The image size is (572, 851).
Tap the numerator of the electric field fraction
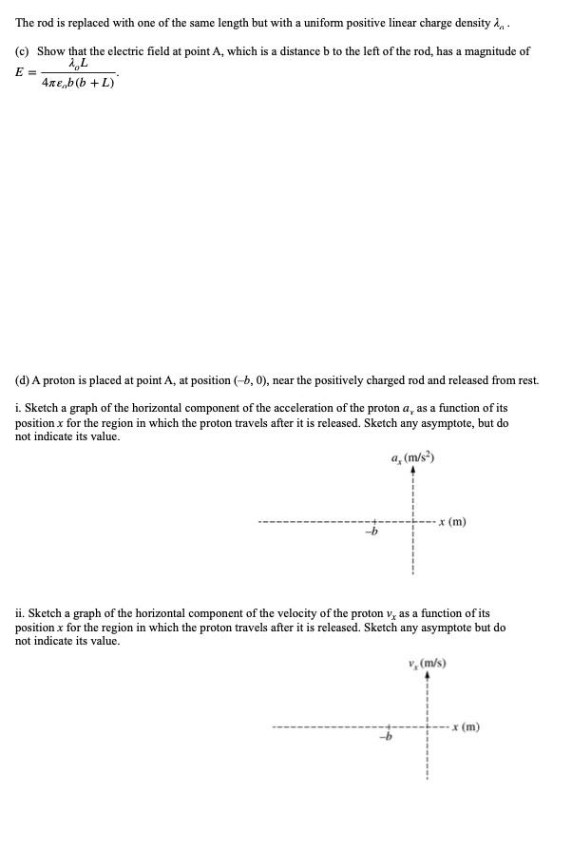(x=79, y=65)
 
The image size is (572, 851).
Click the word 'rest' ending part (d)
(x=526, y=380)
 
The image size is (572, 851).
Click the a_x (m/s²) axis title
(x=411, y=457)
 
